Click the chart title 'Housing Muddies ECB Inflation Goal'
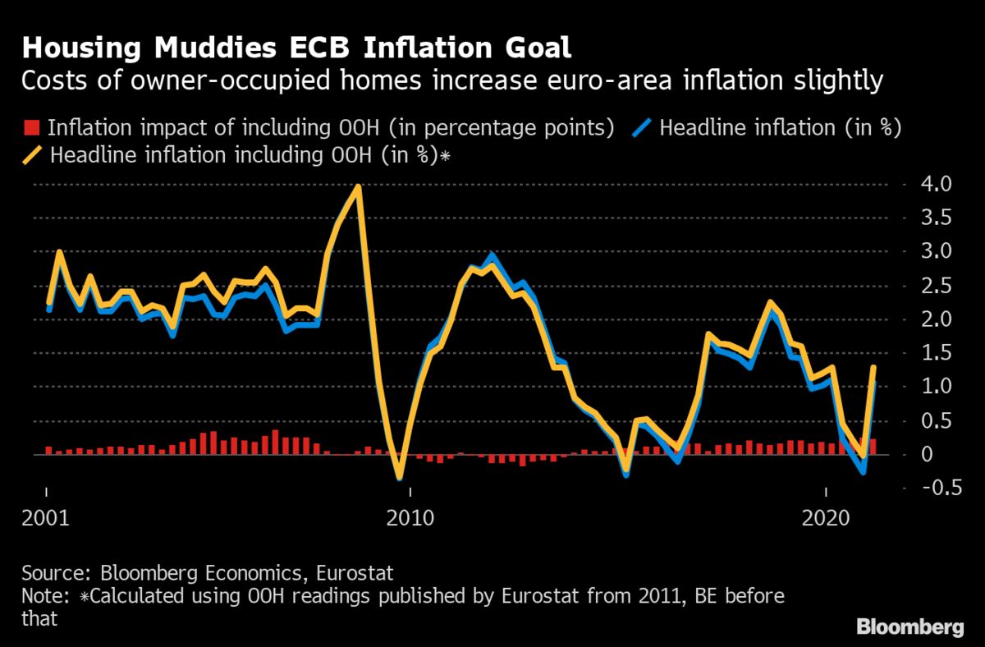coord(296,47)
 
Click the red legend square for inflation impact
coord(32,128)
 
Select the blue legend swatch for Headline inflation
coord(644,128)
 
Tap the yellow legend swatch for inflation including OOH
coord(34,155)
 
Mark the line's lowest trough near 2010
coord(399,477)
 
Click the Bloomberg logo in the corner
coord(910,628)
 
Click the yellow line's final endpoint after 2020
coord(873,367)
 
